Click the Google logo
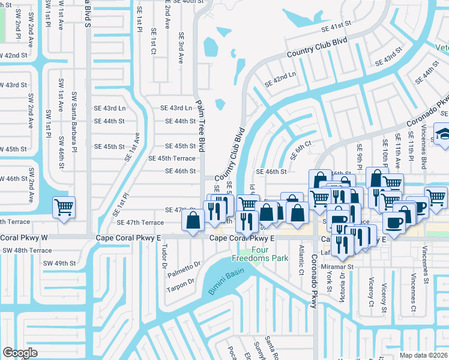(20, 352)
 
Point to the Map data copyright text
(424, 355)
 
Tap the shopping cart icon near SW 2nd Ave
(64, 207)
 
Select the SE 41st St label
(336, 26)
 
